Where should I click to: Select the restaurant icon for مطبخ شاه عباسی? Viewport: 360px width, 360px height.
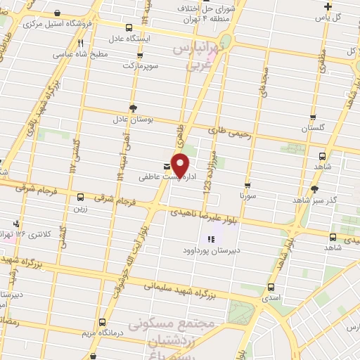tap(81, 43)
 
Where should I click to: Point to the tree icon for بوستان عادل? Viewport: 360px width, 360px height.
tap(132, 108)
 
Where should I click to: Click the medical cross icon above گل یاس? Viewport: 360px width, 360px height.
tap(328, 6)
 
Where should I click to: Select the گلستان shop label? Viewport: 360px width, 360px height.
tap(314, 129)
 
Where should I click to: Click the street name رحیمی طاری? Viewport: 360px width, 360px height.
tap(229, 131)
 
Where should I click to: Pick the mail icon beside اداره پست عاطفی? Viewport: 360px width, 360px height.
tap(166, 167)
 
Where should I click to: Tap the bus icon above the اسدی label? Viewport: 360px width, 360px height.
tap(271, 287)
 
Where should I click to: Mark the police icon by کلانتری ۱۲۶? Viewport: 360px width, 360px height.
tap(15, 224)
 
